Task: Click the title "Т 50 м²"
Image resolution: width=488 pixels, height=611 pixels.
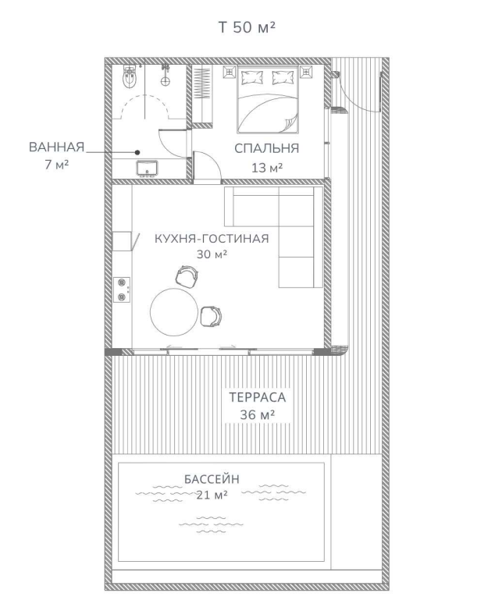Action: point(247,27)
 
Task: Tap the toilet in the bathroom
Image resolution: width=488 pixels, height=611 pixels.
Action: point(130,77)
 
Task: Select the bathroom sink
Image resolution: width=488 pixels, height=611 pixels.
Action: point(147,169)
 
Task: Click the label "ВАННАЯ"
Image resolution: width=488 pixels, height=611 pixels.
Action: point(56,147)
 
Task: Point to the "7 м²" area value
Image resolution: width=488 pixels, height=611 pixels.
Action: point(56,165)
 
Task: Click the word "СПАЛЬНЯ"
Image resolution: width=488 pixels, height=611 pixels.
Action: point(266,148)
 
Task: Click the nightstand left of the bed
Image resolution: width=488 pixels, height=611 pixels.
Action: point(230,72)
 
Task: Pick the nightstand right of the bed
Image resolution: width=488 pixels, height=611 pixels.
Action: point(306,72)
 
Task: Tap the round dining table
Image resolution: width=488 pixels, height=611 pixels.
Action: point(174,311)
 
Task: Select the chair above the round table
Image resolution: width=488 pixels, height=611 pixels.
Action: point(187,277)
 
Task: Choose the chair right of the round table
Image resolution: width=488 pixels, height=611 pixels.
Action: point(211,316)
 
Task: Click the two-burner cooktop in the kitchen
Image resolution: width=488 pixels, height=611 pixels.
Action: point(122,290)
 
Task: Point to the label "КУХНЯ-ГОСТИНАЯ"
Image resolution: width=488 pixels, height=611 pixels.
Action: point(212,239)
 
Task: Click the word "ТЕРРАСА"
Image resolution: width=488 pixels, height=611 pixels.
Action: point(257,397)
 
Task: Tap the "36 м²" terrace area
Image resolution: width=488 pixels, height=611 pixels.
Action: point(257,414)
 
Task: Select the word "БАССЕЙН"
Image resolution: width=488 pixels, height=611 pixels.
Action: point(212,479)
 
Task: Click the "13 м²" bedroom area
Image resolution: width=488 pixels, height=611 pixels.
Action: point(267,168)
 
